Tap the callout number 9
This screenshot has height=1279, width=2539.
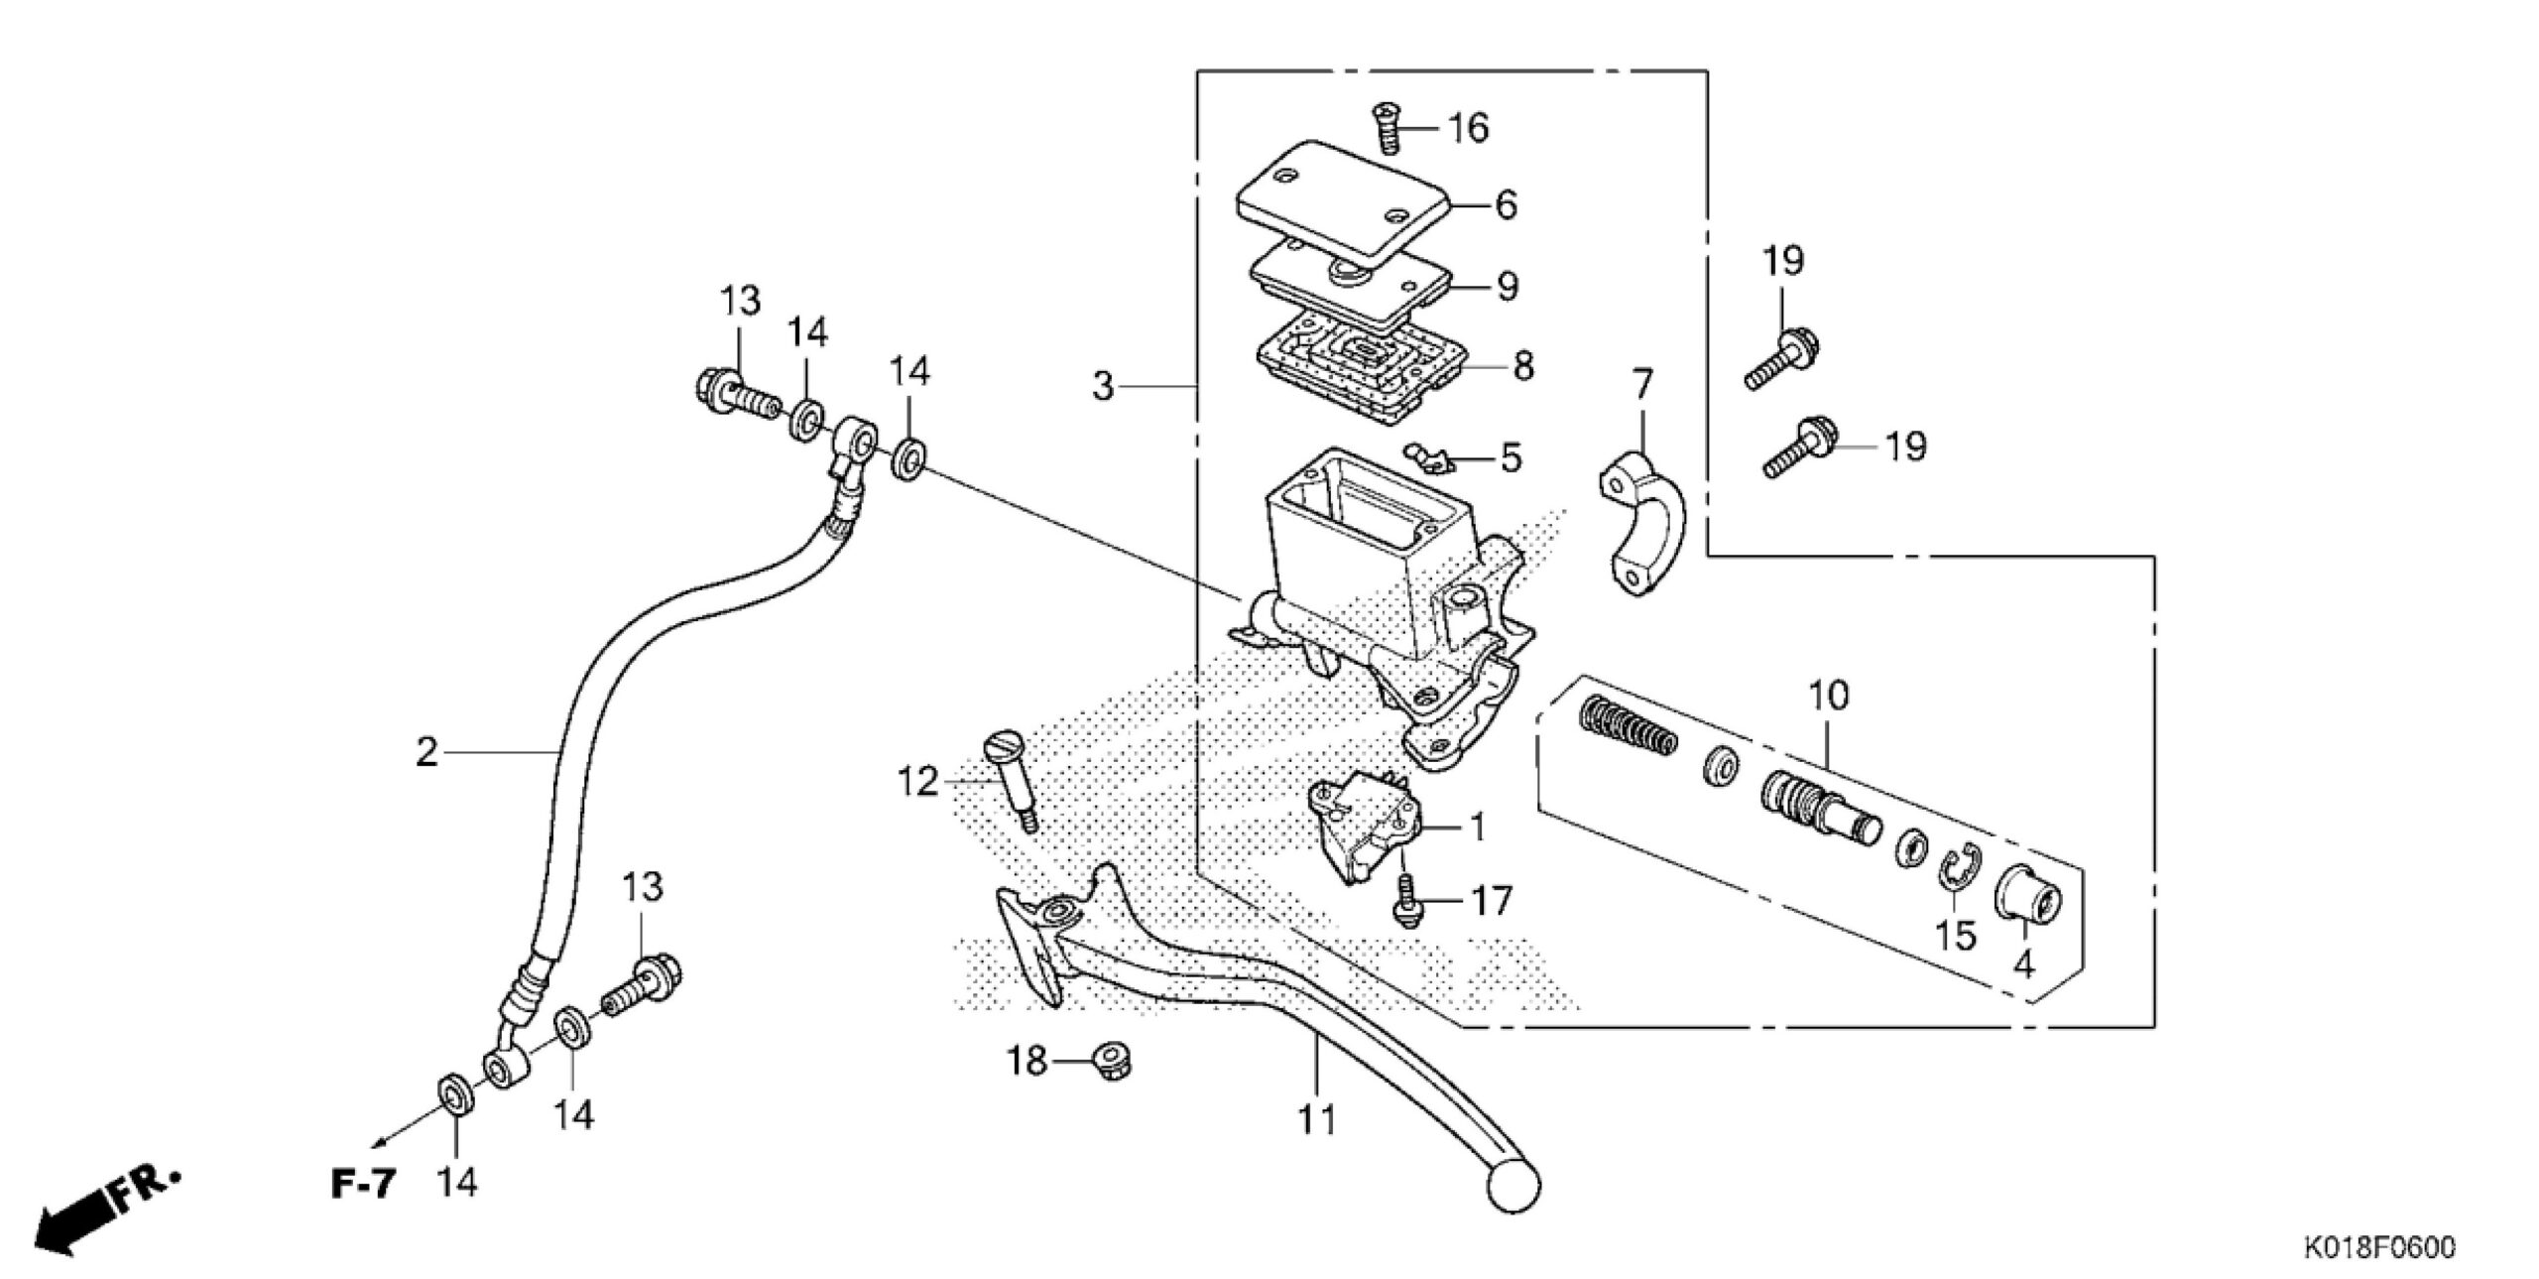coord(1506,287)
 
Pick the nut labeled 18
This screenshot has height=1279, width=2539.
coord(1112,1061)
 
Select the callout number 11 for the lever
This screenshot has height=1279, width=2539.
coord(1317,1119)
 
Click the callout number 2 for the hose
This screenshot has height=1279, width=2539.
coord(426,753)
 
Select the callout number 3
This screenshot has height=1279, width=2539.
coord(1103,385)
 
